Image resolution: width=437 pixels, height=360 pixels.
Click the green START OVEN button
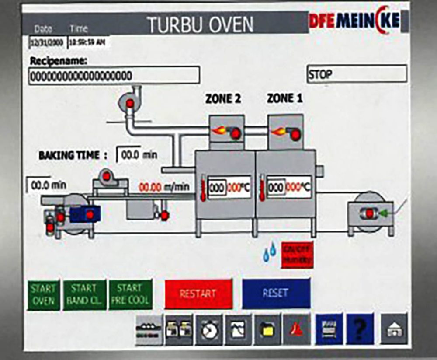pyautogui.click(x=43, y=295)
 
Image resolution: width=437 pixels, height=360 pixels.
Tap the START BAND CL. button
pyautogui.click(x=84, y=295)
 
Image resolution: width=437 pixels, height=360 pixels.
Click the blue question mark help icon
pyautogui.click(x=360, y=329)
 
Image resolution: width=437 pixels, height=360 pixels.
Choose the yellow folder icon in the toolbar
pyautogui.click(x=266, y=329)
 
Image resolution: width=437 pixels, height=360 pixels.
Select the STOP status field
pyautogui.click(x=357, y=74)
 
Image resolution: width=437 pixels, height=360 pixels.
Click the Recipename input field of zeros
pyautogui.click(x=114, y=75)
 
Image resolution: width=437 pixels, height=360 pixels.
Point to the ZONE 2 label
pyautogui.click(x=223, y=99)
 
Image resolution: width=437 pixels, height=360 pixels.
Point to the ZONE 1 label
pyautogui.click(x=284, y=99)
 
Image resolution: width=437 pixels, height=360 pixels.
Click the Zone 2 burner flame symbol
pyautogui.click(x=219, y=130)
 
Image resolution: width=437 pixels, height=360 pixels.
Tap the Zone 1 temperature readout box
pyautogui.click(x=289, y=187)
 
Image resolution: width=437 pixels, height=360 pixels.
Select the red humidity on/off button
pyautogui.click(x=297, y=254)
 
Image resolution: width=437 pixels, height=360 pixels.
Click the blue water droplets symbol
pyautogui.click(x=269, y=253)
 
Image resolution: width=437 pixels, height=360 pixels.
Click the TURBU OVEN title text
pyautogui.click(x=200, y=25)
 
